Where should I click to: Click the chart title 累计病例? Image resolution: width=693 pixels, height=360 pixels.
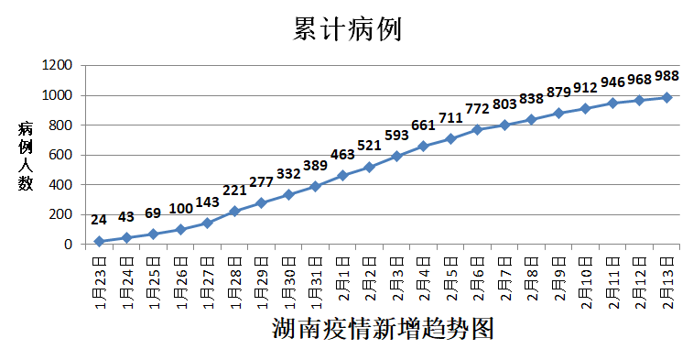pos(347,29)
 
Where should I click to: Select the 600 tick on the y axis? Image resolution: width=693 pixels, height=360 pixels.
pos(61,155)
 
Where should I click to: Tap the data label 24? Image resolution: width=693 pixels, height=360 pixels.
pos(99,219)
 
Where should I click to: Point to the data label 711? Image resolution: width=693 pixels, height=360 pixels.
pos(451,118)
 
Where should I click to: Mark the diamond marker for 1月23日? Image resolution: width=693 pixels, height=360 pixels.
pos(99,241)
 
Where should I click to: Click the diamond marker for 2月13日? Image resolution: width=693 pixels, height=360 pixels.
pos(667,97)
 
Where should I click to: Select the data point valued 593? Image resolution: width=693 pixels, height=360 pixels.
pos(396,156)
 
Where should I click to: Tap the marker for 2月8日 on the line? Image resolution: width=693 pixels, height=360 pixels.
pos(532,119)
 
